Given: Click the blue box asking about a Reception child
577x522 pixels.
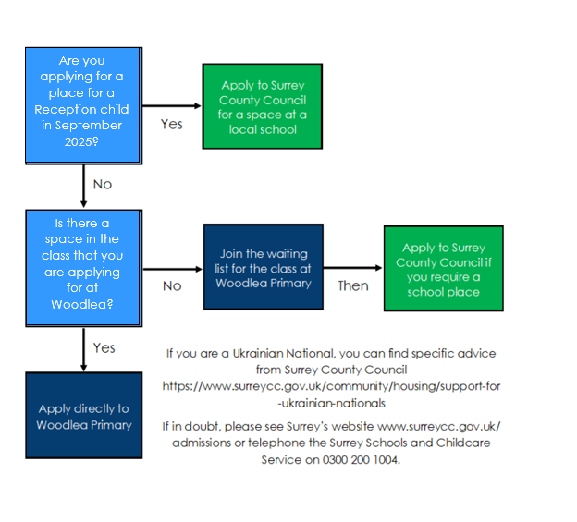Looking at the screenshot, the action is (x=83, y=105).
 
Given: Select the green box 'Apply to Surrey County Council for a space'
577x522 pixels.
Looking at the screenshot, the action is (x=263, y=106).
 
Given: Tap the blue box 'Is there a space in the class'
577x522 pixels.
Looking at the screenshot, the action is (x=83, y=268).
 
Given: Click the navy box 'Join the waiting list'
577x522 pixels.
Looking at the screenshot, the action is (x=264, y=267).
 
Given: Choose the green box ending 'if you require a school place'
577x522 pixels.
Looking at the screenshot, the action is (x=444, y=268).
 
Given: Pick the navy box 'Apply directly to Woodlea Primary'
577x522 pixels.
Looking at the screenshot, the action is (x=84, y=415).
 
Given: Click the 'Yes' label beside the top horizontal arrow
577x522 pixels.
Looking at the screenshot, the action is (x=171, y=124).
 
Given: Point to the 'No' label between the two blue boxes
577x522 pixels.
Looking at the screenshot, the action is (x=103, y=184).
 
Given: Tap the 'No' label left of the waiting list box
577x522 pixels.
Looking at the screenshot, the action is (x=172, y=286).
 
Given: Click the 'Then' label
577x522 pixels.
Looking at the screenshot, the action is (x=353, y=286).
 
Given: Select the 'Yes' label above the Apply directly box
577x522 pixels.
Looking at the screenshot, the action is (x=104, y=347).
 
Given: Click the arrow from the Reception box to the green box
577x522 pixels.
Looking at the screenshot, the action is (x=172, y=106).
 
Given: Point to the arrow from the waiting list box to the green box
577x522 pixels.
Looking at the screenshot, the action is (x=353, y=268).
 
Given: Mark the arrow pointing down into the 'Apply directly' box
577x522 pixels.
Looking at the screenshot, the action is (x=83, y=349).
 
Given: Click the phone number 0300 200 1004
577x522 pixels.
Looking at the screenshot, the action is (x=361, y=460).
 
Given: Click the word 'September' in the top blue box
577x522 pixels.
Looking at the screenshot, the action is (x=89, y=126).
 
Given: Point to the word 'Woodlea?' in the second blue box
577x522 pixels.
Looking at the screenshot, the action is (x=82, y=304).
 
